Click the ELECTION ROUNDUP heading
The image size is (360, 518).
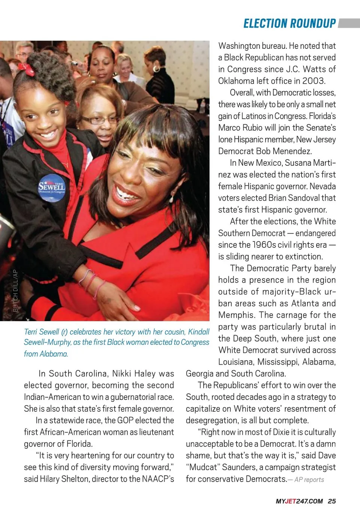289,24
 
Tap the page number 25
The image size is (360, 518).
331,501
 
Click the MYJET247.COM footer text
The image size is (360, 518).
299,501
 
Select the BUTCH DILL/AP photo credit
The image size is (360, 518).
15,290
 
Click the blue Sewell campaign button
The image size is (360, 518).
52,188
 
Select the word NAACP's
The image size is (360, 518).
158,479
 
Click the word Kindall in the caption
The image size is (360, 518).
198,332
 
